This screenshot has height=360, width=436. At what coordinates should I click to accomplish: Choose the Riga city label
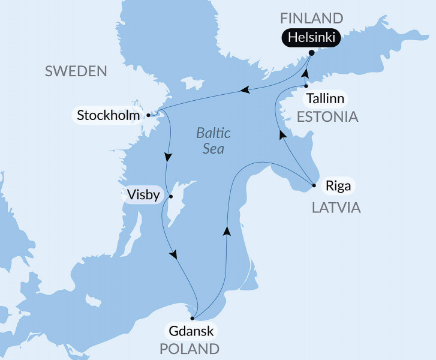[338, 185]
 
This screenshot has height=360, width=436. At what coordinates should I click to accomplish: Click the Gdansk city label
[190, 331]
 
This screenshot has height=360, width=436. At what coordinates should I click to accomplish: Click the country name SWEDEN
[76, 72]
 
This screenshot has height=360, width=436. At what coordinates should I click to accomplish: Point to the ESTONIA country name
[327, 116]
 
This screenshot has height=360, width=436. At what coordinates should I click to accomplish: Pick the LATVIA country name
[335, 208]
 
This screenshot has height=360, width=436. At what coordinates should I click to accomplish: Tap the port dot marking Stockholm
[148, 114]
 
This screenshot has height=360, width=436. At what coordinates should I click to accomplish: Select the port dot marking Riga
[314, 185]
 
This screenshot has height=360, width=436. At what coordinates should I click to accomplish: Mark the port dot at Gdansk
[192, 318]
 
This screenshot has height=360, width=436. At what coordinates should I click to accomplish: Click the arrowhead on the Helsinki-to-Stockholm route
[244, 91]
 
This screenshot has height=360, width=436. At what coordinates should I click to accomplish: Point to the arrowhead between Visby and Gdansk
[174, 255]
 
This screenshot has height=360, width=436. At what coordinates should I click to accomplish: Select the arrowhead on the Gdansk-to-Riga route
[227, 230]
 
